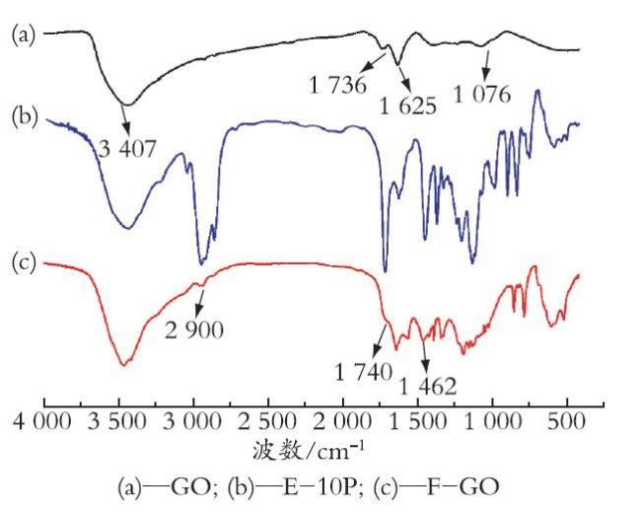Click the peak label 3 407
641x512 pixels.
pos(127,149)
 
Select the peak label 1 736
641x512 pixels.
pos(337,86)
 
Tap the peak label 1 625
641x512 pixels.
pos(408,106)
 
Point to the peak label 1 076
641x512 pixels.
pos(482,94)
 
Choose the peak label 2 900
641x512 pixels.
pos(194,329)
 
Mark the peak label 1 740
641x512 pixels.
pos(364,372)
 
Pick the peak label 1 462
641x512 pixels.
pos(428,386)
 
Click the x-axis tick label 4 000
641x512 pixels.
pos(42,421)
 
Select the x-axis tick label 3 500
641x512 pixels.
pos(117,421)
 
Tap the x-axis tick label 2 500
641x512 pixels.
pos(267,421)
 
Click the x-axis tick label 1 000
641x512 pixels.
pos(493,421)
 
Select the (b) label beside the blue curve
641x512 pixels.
pos(25,116)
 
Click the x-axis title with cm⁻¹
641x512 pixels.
pos(308,451)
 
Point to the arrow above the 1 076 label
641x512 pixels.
pos(486,64)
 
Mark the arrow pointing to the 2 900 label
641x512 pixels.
pos(200,303)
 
